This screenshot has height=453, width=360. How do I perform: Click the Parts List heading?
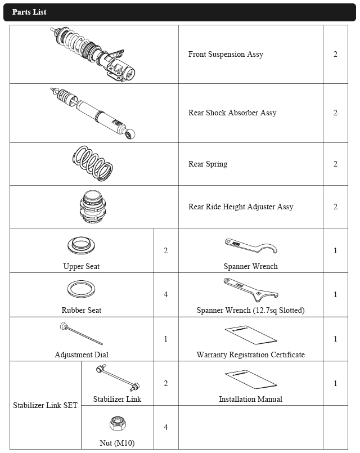click(29, 12)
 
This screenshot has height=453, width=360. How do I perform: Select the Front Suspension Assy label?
click(226, 55)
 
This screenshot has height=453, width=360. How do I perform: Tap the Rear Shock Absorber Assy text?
click(232, 113)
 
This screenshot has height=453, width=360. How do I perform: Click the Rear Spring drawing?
click(94, 163)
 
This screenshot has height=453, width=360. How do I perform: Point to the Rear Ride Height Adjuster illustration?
click(94, 207)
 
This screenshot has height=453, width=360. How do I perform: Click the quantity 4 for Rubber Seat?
click(165, 294)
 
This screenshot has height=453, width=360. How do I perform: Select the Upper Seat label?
click(82, 266)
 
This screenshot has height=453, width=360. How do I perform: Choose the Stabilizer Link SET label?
click(46, 405)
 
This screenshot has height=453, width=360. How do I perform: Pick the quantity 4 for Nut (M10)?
click(165, 427)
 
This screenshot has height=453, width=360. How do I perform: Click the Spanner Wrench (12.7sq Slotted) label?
click(250, 310)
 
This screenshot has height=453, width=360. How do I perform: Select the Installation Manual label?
click(250, 399)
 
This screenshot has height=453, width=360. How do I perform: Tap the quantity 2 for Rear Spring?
click(335, 164)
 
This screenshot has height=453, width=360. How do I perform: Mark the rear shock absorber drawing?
click(93, 113)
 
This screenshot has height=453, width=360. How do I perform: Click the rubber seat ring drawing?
click(82, 289)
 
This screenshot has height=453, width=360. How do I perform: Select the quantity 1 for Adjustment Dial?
click(165, 339)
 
